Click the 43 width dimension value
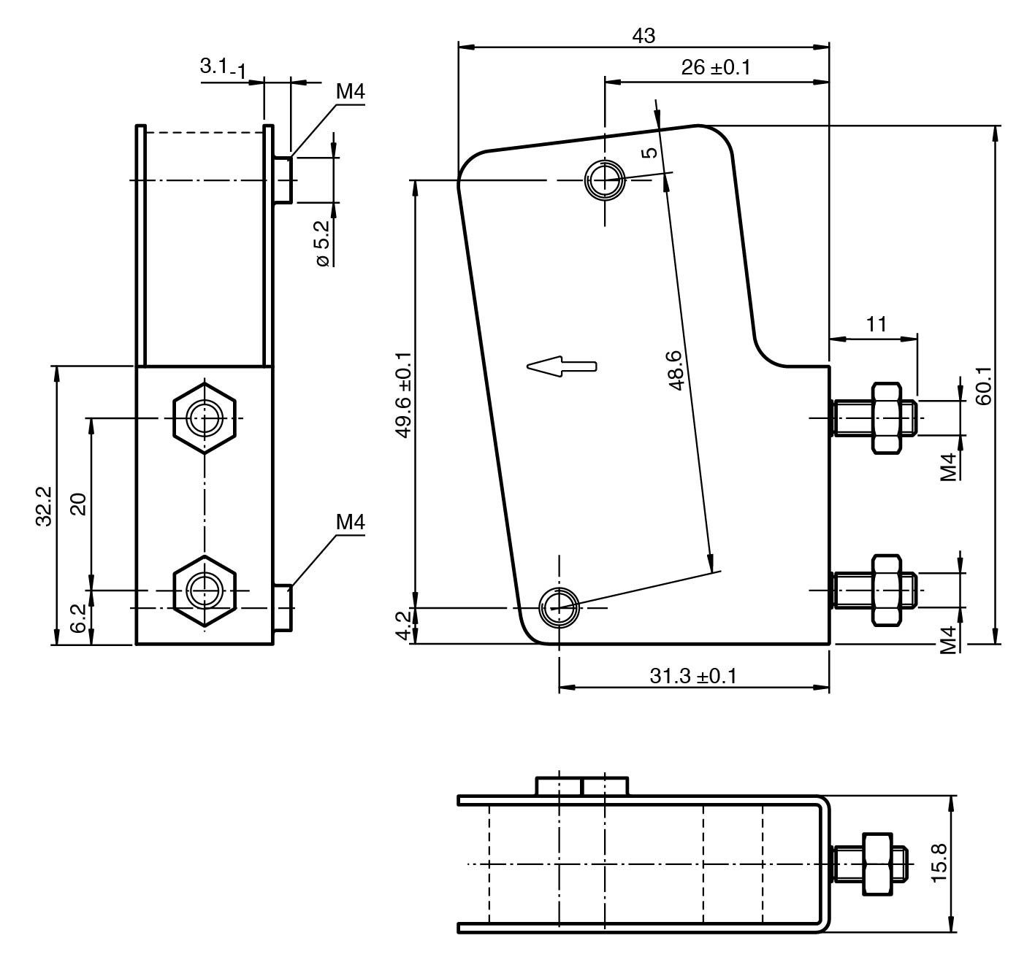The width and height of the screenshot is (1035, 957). coord(643,35)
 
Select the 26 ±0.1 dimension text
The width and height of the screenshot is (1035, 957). coord(715,68)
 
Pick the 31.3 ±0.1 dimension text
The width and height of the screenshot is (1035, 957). coord(693,676)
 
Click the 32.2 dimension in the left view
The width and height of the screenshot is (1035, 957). coord(44,505)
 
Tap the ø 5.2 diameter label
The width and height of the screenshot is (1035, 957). coord(322,243)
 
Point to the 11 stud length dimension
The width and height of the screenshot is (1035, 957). coord(876,324)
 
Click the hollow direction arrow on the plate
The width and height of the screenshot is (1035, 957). coord(562,366)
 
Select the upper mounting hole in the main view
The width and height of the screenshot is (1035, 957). coord(604,179)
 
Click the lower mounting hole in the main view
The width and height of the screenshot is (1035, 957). coord(559,607)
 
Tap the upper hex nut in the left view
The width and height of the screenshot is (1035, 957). coord(205,418)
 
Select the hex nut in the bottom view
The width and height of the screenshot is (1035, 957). coord(877,863)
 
